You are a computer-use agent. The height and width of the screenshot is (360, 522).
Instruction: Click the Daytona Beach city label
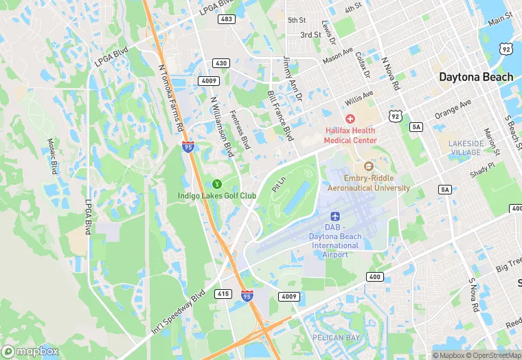coord(476,77)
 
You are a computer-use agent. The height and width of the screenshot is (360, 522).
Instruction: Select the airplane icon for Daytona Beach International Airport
coord(335,216)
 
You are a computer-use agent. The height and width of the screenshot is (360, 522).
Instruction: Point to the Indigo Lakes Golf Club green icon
coord(217,183)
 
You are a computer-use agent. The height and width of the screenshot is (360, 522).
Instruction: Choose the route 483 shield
coord(227,19)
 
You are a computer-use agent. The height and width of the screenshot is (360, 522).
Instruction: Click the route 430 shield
coord(220,63)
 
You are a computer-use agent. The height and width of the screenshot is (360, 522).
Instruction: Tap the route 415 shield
coord(223,293)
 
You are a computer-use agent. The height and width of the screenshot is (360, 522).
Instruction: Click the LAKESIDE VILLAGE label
coord(466,148)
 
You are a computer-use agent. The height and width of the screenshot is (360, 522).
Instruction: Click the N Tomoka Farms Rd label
coord(171,98)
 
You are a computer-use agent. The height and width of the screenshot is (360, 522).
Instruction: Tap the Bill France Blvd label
coord(280,115)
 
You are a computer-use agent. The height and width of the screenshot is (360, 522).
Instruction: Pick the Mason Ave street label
coord(339,55)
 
